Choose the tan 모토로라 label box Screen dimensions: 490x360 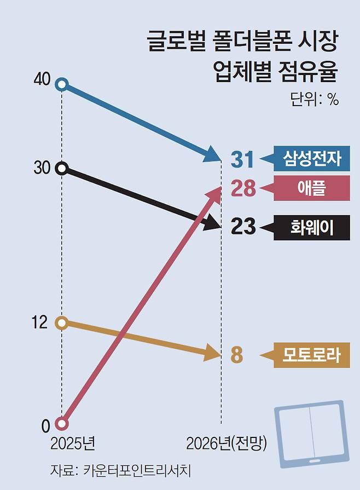point(312,355)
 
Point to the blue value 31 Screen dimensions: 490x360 point(242,159)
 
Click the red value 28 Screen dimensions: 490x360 point(242,189)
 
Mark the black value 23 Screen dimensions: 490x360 point(242,226)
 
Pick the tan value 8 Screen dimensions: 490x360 point(236,355)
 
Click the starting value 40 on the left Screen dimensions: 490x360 point(42,80)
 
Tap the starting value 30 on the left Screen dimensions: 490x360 point(42,168)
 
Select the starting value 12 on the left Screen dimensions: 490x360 point(40,323)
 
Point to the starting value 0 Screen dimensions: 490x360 point(46,425)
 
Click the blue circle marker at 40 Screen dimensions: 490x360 point(62,84)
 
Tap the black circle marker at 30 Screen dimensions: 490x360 point(62,168)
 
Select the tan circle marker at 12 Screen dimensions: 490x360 point(62,322)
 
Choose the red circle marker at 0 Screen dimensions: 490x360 point(62,424)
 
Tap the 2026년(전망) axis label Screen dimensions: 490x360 point(225,442)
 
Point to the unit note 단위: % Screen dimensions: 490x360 point(315,100)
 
